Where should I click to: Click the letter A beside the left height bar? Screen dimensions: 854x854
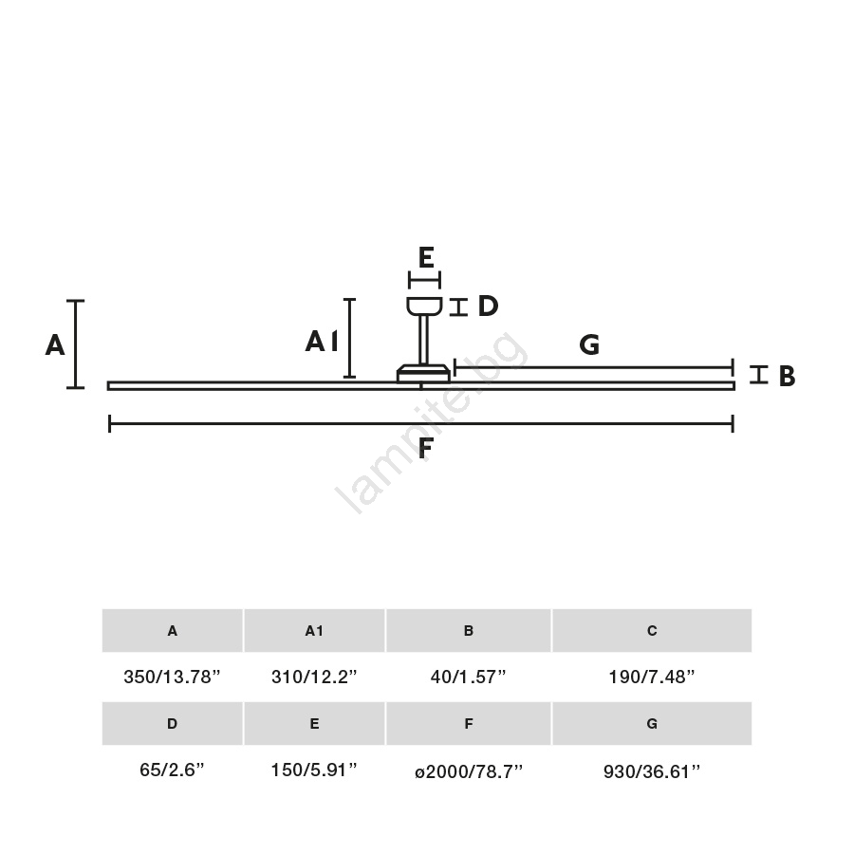55,344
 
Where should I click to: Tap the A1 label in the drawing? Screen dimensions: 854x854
322,342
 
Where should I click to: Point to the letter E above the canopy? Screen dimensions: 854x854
426,257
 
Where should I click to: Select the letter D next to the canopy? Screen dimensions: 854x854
488,306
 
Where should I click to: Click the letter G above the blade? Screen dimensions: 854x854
589,344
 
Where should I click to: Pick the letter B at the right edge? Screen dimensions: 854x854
787,376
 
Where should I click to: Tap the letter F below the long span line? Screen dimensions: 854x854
425,448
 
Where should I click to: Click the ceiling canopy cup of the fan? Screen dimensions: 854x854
424,306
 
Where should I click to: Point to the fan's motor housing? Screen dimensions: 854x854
424,374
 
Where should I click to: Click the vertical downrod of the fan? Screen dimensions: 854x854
423,340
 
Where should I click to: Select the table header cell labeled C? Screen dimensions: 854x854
652,631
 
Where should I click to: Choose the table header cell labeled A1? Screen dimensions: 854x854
314,631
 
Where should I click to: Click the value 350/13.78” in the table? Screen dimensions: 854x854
172,677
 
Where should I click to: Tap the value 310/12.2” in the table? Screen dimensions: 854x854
314,677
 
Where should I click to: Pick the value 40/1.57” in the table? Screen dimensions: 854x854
469,677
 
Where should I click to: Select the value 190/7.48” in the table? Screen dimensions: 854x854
652,677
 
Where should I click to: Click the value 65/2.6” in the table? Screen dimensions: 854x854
172,770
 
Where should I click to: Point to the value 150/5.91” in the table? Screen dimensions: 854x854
314,770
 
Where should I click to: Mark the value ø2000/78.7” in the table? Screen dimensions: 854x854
469,771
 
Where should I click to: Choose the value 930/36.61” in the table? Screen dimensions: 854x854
652,771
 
